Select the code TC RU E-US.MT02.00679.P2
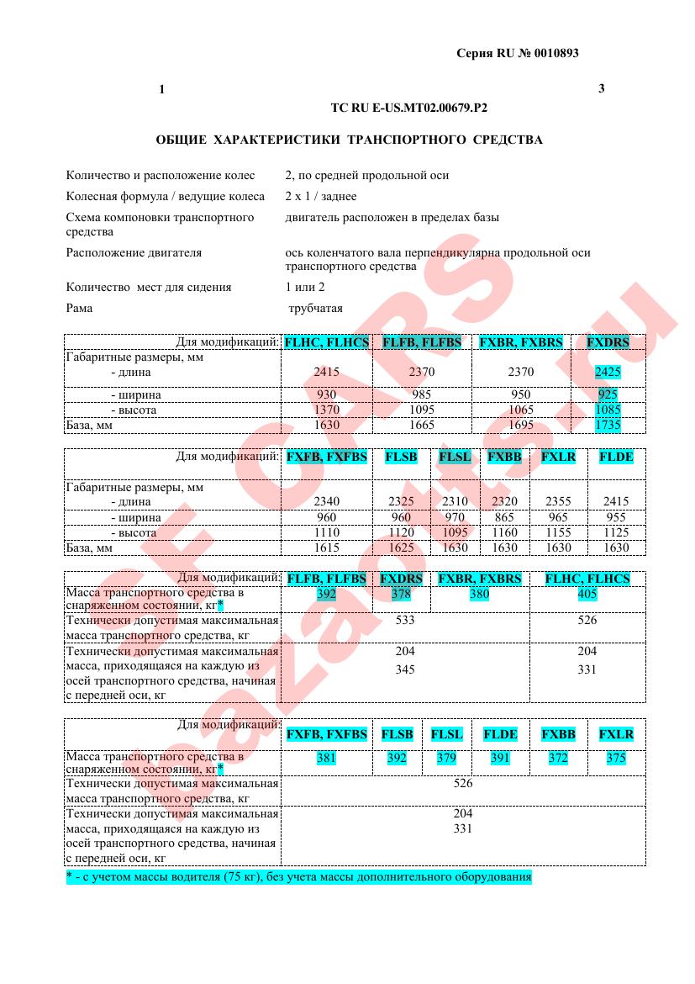pos(409,108)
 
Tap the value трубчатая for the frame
pos(315,308)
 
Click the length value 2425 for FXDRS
pos(607,371)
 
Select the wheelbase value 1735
pos(607,425)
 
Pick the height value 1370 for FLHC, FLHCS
pos(326,410)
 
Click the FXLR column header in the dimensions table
pos(558,457)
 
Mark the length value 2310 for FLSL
pos(455,501)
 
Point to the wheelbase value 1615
pos(326,548)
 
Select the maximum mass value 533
pos(404,620)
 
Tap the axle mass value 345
pos(404,669)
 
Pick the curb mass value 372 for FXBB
pos(558,758)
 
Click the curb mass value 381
pos(326,758)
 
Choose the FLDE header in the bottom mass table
pos(500,734)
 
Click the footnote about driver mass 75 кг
pos(298,877)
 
